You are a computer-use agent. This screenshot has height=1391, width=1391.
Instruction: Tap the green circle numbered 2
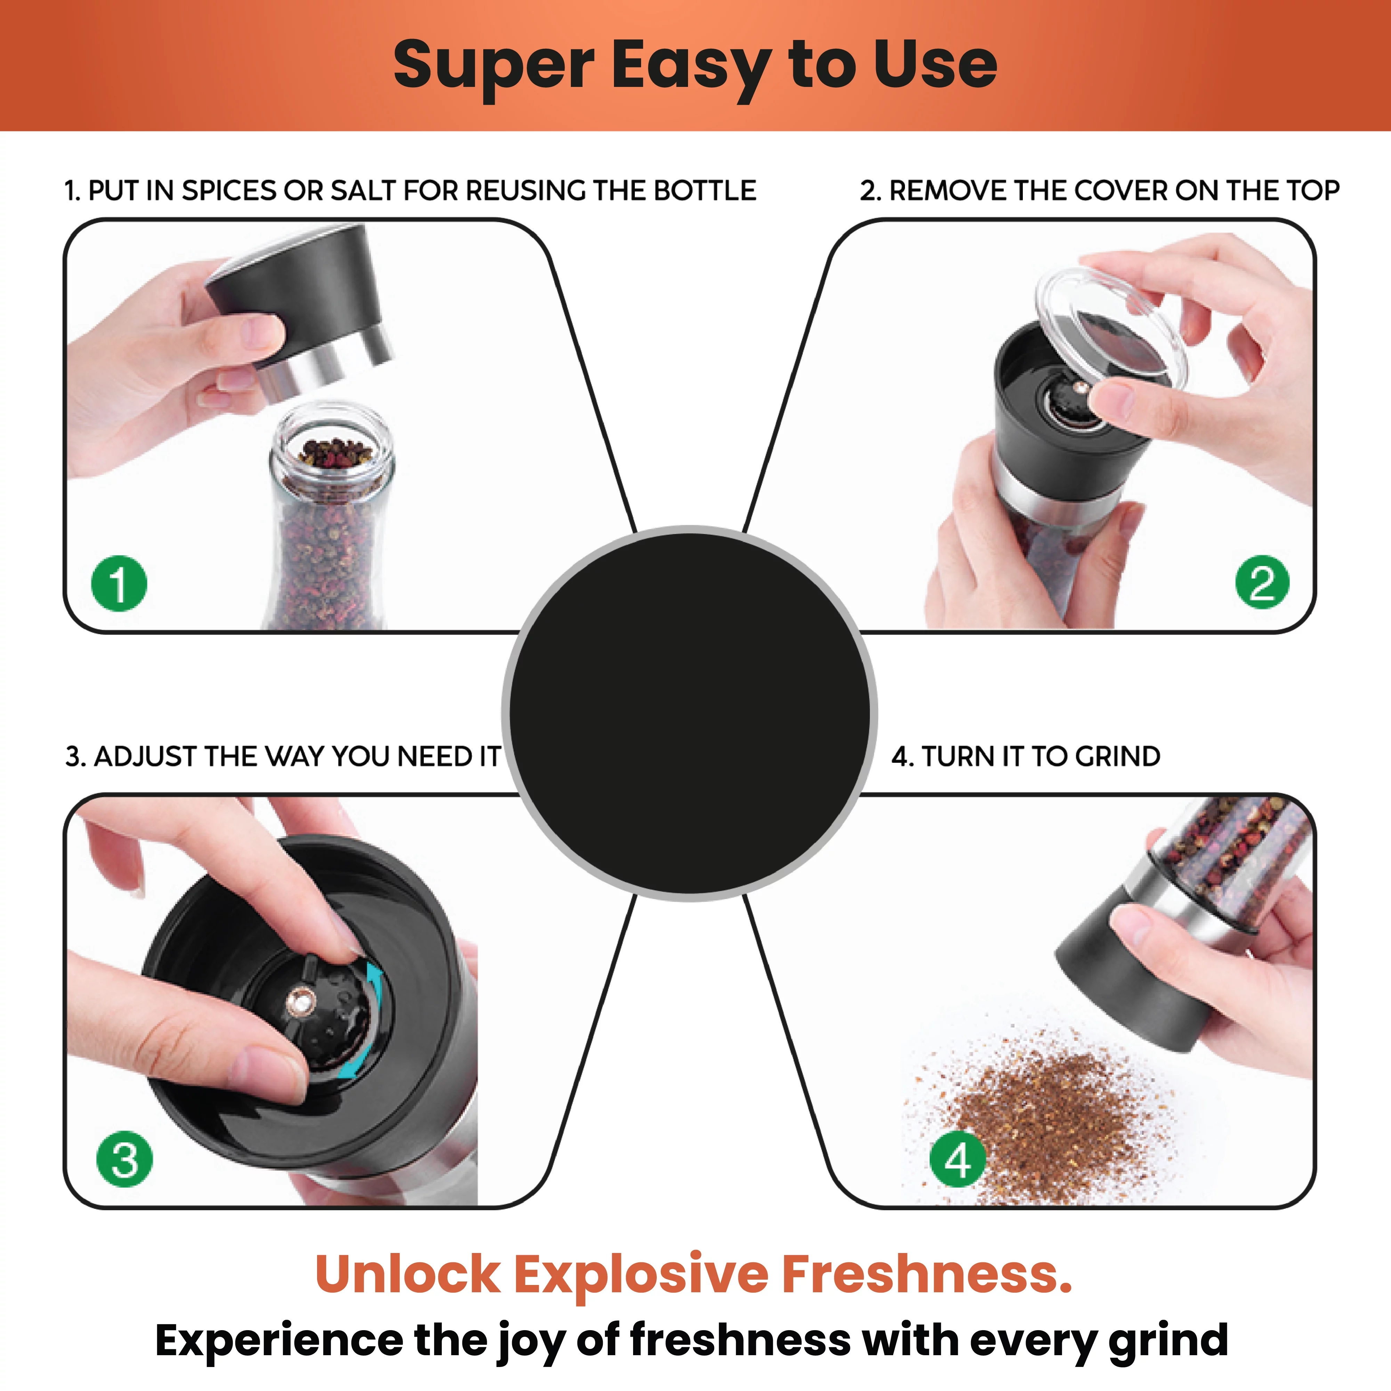[1262, 582]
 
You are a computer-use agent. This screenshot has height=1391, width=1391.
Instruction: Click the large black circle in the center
[690, 713]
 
